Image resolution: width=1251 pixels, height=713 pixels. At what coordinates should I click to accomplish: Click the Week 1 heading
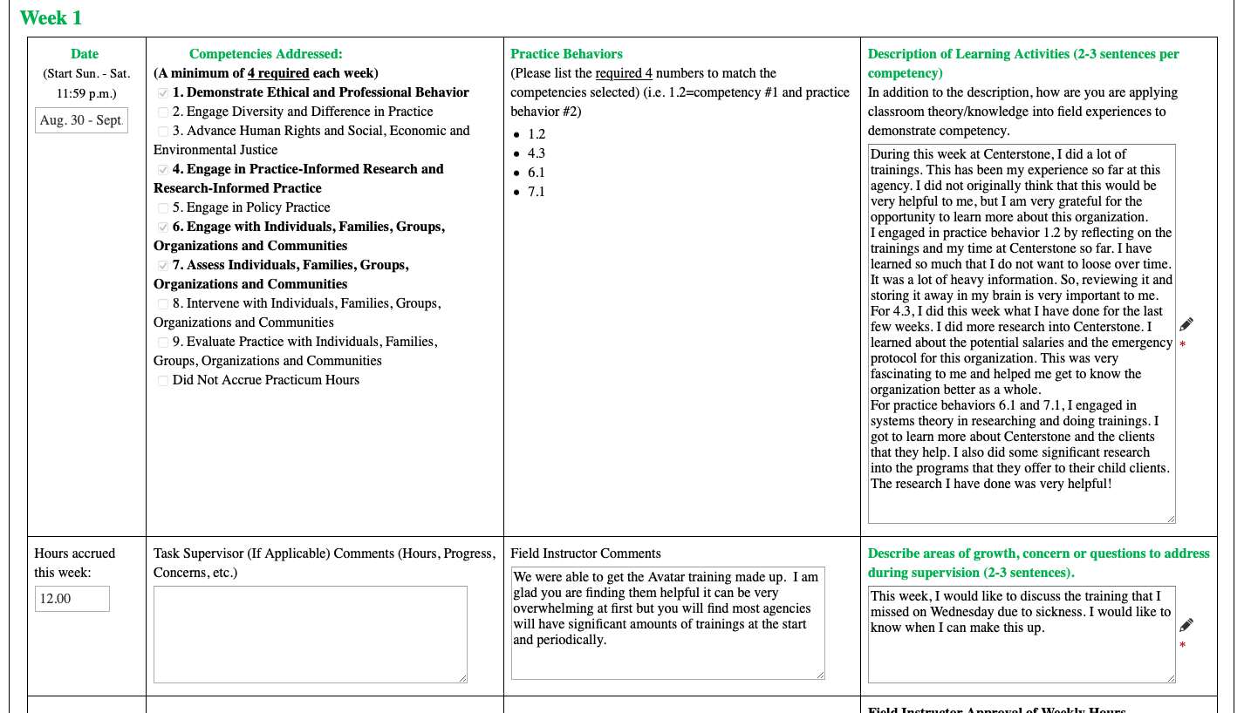51,17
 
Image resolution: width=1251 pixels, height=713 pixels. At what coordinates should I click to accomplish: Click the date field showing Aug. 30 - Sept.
81,120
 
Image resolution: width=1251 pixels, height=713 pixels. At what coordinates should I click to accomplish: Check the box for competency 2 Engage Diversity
163,112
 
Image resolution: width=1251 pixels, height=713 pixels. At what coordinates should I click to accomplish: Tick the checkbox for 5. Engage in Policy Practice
163,208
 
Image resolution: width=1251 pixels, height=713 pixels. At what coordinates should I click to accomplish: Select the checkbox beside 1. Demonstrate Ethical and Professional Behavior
163,93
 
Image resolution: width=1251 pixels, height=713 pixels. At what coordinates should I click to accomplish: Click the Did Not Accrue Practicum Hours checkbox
163,381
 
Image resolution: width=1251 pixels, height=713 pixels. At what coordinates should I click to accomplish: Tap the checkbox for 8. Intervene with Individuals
163,304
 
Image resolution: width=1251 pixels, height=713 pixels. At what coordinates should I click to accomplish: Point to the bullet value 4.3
537,153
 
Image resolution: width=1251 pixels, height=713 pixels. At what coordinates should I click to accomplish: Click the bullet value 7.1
537,192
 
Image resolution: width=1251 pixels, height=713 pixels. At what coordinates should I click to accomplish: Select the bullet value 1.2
537,134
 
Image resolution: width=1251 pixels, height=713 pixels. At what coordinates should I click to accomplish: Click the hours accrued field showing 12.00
72,599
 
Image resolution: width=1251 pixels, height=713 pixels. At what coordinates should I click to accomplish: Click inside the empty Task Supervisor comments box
310,634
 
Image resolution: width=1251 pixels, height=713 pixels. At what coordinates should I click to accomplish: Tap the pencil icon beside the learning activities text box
1186,324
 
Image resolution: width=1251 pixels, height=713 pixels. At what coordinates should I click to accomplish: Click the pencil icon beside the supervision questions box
1186,625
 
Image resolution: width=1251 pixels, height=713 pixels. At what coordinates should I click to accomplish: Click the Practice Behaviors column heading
566,54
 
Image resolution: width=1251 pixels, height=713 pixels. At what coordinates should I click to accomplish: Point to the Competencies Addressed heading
265,54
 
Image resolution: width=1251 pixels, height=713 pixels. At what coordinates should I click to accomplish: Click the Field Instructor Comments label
585,553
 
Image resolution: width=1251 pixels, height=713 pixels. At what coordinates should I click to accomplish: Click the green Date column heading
85,54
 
